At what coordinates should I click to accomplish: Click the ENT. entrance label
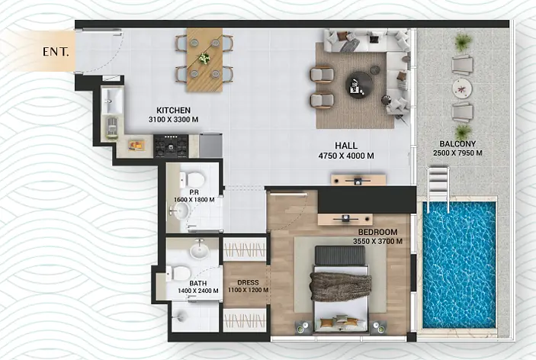point(56,52)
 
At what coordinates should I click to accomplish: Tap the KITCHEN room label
point(173,111)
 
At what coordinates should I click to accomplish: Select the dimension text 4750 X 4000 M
point(346,156)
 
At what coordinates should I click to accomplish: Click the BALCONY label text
point(457,144)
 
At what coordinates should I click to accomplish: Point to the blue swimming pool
point(459,265)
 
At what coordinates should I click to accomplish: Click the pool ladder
point(438,184)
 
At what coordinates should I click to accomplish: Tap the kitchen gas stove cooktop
point(171,146)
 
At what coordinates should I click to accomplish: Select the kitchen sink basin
point(112,101)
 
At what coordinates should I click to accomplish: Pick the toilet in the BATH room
point(178,273)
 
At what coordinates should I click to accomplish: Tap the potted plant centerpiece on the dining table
point(204,58)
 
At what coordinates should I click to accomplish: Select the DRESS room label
point(248,283)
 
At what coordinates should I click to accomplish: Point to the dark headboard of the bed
point(340,255)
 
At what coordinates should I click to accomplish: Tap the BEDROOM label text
point(377,232)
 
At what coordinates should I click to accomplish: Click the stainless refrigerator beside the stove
point(210,146)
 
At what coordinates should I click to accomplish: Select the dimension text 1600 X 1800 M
point(194,200)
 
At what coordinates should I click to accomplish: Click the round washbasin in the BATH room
point(199,251)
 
